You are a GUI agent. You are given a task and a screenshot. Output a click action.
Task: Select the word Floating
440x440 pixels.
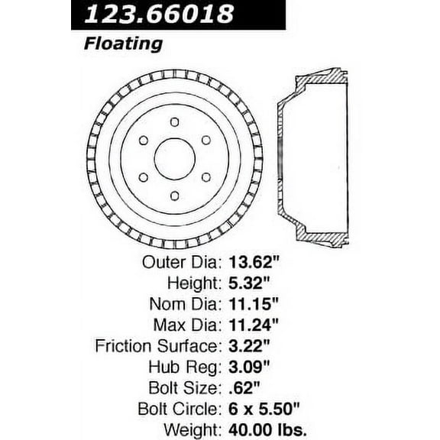pyautogui.click(x=122, y=44)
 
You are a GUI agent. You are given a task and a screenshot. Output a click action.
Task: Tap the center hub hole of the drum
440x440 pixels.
pyautogui.click(x=174, y=159)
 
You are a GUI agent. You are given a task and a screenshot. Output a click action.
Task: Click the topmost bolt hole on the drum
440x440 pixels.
pyautogui.click(x=174, y=122)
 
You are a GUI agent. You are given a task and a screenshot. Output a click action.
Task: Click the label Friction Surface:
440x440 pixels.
pyautogui.click(x=158, y=345)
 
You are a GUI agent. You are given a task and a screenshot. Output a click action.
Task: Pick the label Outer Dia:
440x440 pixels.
pyautogui.click(x=182, y=261)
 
